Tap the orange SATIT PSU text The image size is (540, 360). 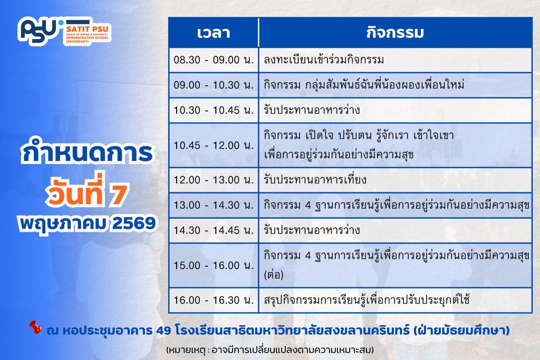coord(87,30)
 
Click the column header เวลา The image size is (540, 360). coord(214,33)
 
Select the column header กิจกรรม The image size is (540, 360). coord(394,32)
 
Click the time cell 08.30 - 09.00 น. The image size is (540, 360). coord(214,60)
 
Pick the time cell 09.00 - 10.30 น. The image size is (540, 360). coord(214,85)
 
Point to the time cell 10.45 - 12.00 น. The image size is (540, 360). coord(214,145)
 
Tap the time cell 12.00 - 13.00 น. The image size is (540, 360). coord(214,180)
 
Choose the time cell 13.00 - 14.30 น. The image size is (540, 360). coord(214,205)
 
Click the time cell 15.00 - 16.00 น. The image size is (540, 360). coord(214,265)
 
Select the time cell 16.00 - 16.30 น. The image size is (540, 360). coord(214,300)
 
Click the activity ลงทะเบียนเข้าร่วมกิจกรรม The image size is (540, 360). coord(324,60)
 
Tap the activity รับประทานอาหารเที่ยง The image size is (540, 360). coord(315,179)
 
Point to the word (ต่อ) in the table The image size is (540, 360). coord(274,275)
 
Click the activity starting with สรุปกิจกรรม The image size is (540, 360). coord(367,299)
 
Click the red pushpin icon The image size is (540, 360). coord(35,327)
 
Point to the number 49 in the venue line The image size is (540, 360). coord(163,330)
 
